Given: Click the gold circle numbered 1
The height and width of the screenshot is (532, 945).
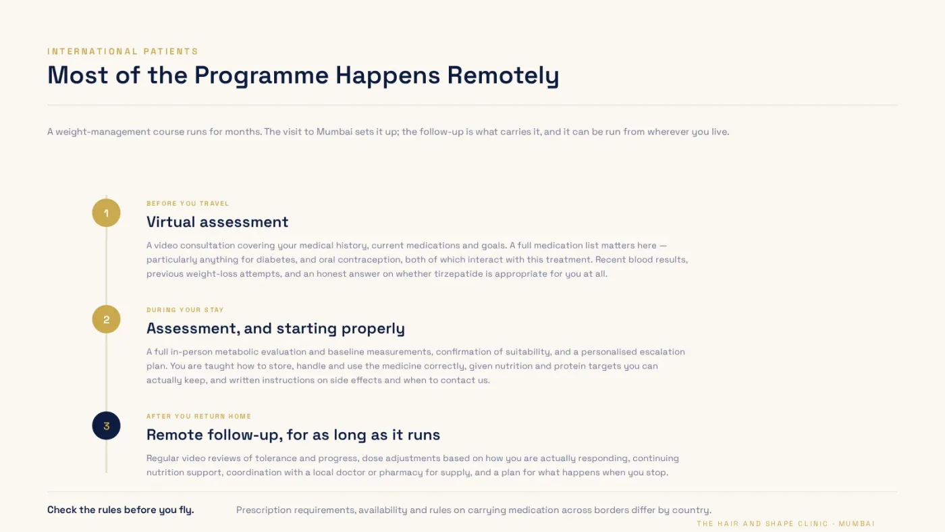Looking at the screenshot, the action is (107, 213).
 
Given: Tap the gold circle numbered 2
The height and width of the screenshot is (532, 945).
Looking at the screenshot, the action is (107, 319).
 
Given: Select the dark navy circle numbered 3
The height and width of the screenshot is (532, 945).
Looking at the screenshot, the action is (107, 426).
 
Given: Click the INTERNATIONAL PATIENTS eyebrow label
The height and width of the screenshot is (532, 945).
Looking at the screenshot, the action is (123, 51).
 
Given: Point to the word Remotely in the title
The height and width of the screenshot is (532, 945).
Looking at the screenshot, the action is (503, 76).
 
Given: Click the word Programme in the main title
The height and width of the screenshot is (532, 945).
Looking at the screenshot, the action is (261, 76).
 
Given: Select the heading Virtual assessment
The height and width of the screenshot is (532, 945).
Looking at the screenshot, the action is (217, 222).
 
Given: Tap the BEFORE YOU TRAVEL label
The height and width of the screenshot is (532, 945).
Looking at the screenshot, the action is (188, 203).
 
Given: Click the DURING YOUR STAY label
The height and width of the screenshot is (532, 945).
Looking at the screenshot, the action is (185, 310).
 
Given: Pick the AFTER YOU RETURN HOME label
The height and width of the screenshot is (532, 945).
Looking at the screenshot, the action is (198, 416).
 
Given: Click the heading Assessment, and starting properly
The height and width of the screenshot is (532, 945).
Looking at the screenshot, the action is (275, 328).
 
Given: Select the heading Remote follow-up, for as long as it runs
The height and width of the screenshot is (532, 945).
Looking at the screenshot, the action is (293, 435).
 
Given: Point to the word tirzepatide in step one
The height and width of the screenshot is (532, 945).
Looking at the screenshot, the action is (458, 274).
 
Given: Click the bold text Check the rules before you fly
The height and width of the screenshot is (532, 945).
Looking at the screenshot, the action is (121, 510).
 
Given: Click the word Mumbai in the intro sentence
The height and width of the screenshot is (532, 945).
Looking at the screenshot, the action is (334, 132).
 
